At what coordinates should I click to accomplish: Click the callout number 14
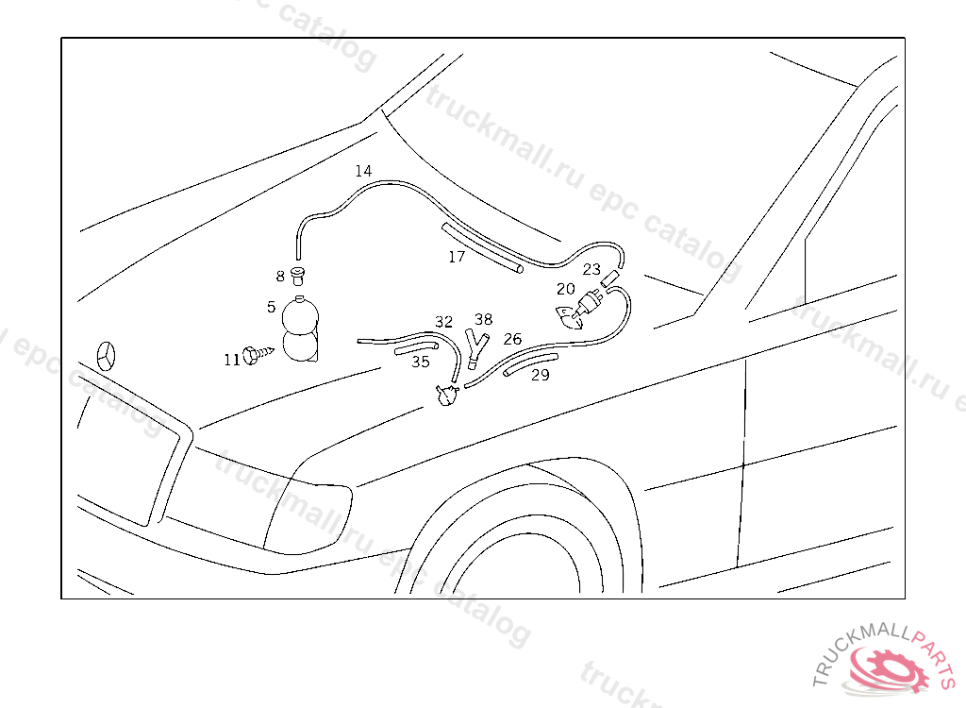(363, 171)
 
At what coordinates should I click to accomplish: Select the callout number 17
(457, 257)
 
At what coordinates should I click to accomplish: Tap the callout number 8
(280, 277)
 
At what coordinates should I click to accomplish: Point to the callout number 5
(271, 307)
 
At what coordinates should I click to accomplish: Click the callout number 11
(232, 360)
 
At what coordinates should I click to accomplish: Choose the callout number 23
(591, 269)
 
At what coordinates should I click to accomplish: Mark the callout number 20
(566, 289)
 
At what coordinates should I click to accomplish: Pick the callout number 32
(443, 322)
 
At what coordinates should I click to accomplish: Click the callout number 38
(484, 319)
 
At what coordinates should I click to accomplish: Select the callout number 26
(512, 339)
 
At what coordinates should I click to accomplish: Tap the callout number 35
(421, 362)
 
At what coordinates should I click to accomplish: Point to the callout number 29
(541, 375)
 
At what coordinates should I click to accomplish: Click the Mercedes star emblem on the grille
(106, 356)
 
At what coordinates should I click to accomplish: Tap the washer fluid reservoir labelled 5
(301, 329)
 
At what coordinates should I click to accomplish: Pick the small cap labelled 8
(299, 277)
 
